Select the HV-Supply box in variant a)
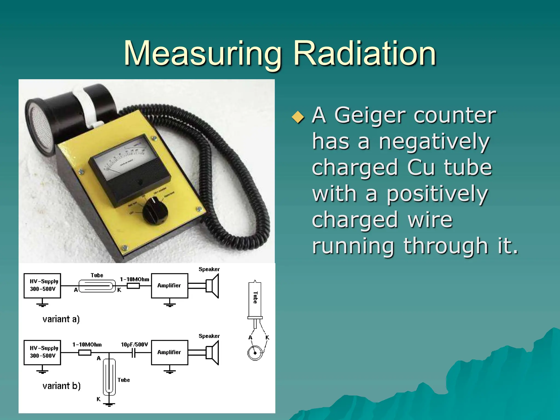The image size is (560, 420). [42, 285]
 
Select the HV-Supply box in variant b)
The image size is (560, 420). [42, 352]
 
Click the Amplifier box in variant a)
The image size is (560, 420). [170, 285]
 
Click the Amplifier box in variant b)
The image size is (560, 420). [170, 352]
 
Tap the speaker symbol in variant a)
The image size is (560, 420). [213, 286]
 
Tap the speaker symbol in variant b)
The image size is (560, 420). [213, 352]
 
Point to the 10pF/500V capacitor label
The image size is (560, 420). [134, 345]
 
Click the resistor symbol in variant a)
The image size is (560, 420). [133, 286]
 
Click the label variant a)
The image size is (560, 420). [61, 319]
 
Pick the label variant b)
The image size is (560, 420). [62, 386]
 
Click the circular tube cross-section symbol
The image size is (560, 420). [255, 353]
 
